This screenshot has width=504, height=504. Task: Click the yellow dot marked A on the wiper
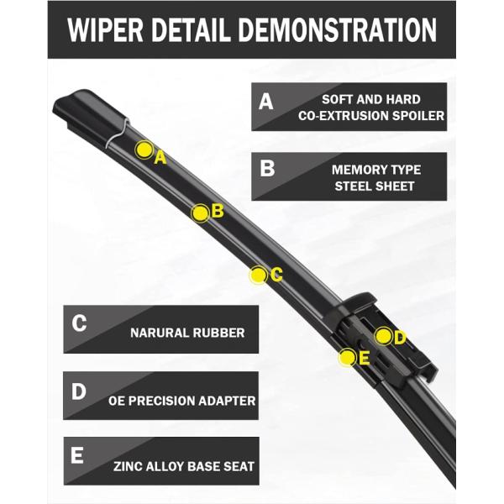pyautogui.click(x=144, y=150)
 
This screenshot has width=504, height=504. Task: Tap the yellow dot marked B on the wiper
pyautogui.click(x=200, y=213)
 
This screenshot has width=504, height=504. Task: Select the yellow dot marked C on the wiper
pyautogui.click(x=259, y=274)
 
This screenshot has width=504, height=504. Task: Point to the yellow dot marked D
pyautogui.click(x=383, y=336)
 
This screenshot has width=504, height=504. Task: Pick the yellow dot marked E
pyautogui.click(x=347, y=358)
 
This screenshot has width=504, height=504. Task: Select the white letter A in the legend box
pyautogui.click(x=266, y=102)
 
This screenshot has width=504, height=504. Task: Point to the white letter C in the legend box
pyautogui.click(x=80, y=323)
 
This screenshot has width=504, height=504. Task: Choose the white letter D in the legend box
pyautogui.click(x=79, y=391)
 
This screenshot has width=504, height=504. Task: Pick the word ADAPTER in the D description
pyautogui.click(x=225, y=401)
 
